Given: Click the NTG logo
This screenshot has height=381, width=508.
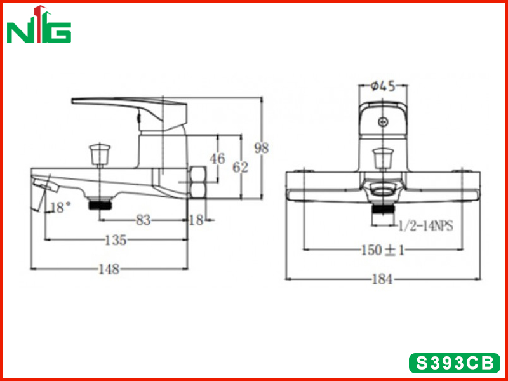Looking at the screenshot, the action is tap(39, 25).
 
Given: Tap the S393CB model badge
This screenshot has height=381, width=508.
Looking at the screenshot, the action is tap(455, 363).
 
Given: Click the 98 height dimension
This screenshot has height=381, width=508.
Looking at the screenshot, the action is tap(262, 148).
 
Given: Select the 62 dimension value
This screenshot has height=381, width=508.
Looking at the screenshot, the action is tap(241, 167).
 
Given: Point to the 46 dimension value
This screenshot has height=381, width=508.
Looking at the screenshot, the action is tap(217, 159).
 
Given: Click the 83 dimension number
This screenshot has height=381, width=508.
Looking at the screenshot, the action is tap(144, 220).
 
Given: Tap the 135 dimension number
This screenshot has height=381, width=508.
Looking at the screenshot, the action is tap(116, 241).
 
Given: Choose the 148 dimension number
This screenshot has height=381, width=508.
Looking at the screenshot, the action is tap(109, 269).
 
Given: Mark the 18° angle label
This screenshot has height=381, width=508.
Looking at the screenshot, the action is tap(60, 208).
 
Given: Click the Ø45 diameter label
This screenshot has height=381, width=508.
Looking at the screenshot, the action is tap(383, 86).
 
